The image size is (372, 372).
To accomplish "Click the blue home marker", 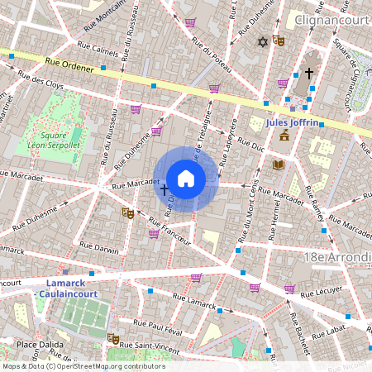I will [x=186, y=178].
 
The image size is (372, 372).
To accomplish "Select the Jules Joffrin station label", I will [x=293, y=123].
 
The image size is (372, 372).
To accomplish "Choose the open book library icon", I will [x=278, y=165].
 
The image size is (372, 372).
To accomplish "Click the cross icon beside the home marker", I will [x=164, y=190].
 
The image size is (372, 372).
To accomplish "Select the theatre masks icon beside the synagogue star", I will [x=278, y=40].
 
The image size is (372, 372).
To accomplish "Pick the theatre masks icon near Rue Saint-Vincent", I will [x=112, y=337].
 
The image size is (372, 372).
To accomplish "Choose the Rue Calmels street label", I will [x=94, y=50].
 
